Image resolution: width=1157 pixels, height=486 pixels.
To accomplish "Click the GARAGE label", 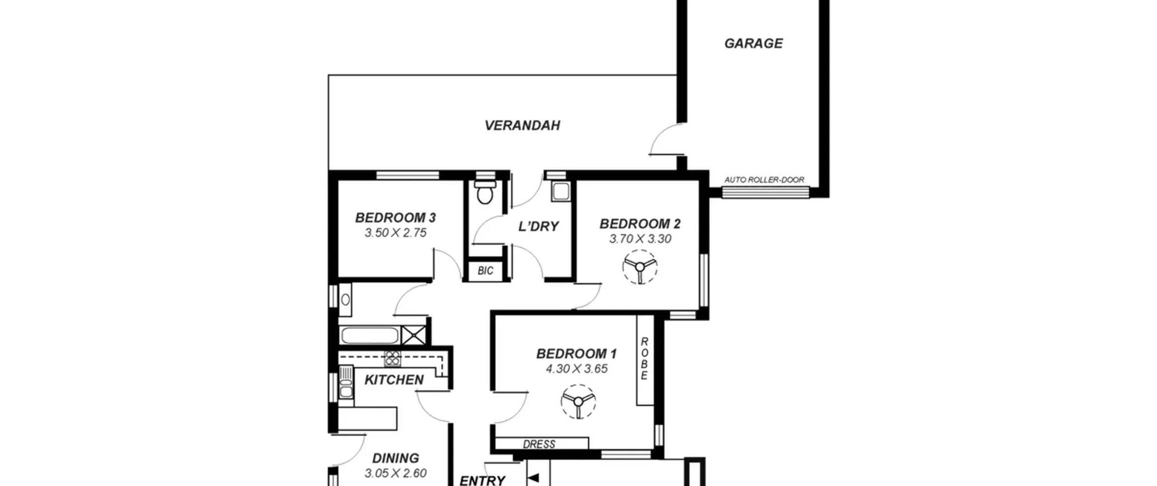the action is tap(753, 43).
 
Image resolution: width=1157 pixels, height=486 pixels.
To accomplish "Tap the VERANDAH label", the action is tap(522, 125).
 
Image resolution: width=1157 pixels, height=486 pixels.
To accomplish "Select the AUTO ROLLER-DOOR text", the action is tap(764, 179).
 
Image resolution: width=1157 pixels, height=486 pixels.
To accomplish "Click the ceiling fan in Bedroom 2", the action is tap(640, 267).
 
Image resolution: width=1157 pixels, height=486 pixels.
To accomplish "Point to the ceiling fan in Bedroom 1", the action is tap(578, 401).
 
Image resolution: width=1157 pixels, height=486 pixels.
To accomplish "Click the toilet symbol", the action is tap(485, 193).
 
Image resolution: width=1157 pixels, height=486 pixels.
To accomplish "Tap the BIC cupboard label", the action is tap(485, 271).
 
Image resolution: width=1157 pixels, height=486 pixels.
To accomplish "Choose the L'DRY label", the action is tap(538, 226).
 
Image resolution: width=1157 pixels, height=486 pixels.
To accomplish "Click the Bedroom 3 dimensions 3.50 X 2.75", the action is tap(395, 233).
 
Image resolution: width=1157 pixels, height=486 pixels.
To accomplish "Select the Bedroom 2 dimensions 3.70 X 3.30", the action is tap(640, 239).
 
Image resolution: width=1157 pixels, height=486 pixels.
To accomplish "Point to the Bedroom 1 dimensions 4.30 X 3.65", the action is tap(577, 369).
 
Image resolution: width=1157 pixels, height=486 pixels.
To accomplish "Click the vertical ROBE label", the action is tap(644, 359).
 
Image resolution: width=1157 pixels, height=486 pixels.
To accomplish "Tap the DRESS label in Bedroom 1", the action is tap(539, 444).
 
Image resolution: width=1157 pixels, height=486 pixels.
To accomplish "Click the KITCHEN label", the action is tap(394, 380).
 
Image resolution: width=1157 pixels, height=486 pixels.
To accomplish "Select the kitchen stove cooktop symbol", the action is tap(392, 358).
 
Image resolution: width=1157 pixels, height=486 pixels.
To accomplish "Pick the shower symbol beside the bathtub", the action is tap(414, 335).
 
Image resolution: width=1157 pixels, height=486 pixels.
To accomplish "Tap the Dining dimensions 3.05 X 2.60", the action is tap(395, 473).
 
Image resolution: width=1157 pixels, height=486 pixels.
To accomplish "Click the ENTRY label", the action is tap(482, 480).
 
